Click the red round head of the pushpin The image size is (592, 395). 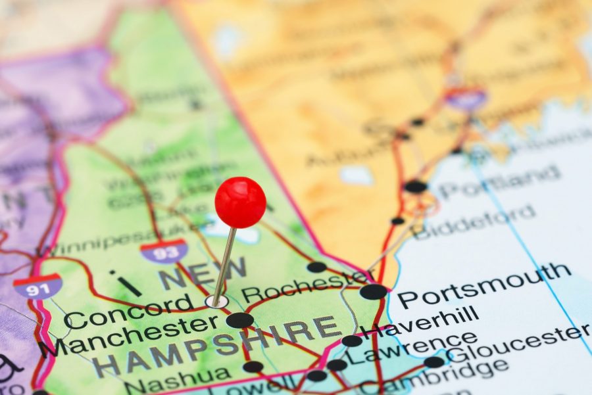[240, 202]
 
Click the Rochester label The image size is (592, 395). [307, 287]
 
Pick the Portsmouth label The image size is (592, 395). [484, 284]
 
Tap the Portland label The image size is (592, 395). [500, 182]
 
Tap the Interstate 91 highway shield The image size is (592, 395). [38, 286]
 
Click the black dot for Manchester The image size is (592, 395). [239, 320]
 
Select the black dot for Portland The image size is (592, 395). [415, 187]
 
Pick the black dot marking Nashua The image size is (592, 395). [253, 367]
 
